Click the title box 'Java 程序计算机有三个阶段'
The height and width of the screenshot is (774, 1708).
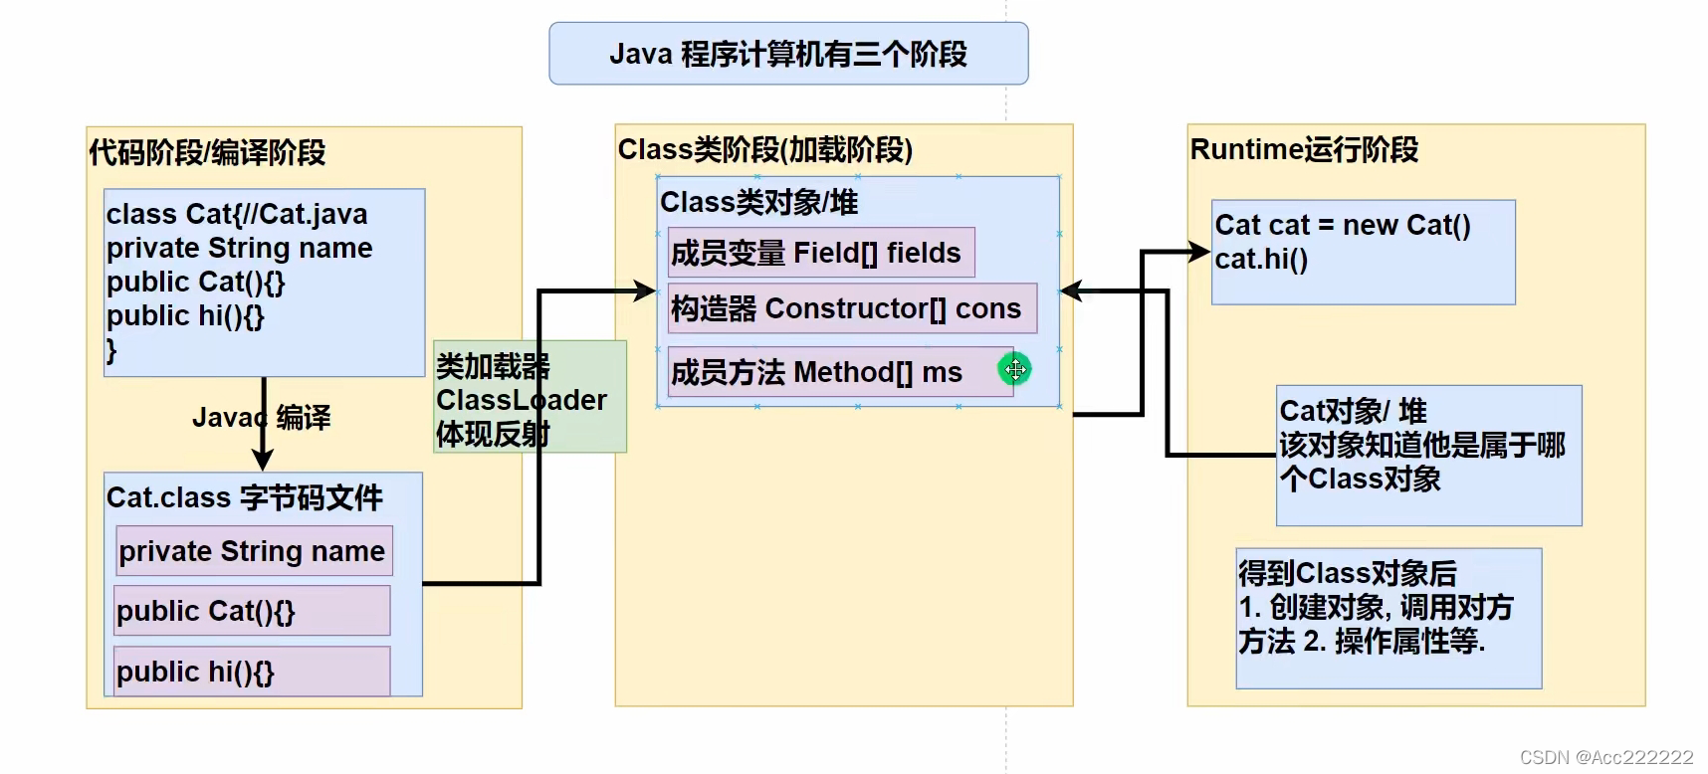pos(788,54)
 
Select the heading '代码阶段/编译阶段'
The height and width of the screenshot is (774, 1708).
pos(207,152)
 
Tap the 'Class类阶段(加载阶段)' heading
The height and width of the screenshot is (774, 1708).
pos(765,149)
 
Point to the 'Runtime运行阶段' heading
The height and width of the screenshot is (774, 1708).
pos(1304,149)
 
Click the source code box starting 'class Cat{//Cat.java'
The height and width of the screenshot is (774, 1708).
pos(265,283)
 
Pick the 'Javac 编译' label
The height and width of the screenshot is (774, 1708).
pos(262,417)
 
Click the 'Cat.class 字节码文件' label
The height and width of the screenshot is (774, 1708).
pos(245,497)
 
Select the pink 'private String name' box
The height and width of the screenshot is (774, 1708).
pos(254,551)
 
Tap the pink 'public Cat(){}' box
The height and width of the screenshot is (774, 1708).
pos(252,611)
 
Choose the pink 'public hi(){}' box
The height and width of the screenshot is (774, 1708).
pos(252,672)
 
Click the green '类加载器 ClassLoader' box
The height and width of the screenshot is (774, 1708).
pos(531,397)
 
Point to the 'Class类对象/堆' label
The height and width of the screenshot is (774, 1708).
pos(759,202)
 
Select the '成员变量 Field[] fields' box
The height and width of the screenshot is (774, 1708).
pos(821,253)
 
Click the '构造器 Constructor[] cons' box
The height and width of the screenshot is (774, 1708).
pos(852,308)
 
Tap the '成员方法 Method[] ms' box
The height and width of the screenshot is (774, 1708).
pos(840,372)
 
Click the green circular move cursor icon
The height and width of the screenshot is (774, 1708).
pos(1014,370)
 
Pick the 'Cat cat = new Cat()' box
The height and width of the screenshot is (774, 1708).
pos(1364,253)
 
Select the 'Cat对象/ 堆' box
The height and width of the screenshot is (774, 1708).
pos(1429,456)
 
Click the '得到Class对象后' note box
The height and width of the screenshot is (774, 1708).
pos(1389,618)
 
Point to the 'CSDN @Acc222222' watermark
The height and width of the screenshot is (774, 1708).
pos(1606,758)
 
